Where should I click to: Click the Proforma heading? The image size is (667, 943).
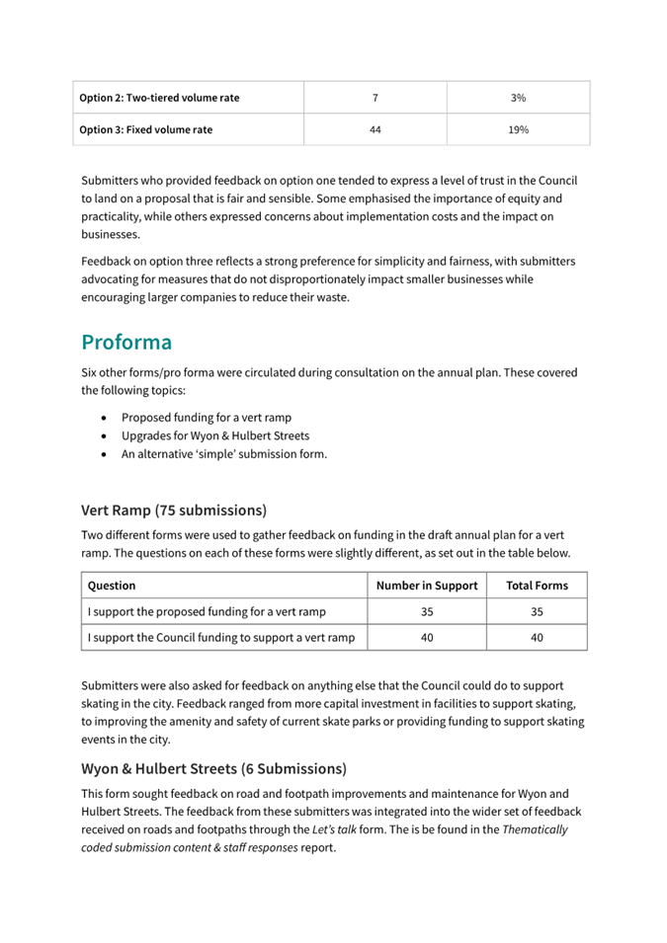tap(126, 343)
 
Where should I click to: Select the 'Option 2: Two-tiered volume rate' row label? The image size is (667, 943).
tap(159, 98)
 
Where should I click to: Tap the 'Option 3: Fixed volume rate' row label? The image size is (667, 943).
tap(145, 129)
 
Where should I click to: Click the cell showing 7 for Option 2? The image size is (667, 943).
tap(375, 98)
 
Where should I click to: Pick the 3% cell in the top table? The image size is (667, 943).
tap(518, 98)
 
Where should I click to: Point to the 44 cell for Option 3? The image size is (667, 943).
tap(375, 129)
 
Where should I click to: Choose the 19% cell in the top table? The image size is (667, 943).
tap(518, 129)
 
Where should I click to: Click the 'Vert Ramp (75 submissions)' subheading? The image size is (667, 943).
tap(174, 511)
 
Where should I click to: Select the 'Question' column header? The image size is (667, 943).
tap(112, 586)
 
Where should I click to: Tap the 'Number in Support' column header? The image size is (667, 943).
tap(427, 586)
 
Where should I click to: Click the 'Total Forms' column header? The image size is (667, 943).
tap(537, 586)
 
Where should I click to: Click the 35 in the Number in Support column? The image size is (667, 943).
tap(427, 612)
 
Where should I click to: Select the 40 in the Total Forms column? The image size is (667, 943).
tap(537, 638)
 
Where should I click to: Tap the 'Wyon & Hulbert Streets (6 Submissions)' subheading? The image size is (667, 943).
tap(213, 768)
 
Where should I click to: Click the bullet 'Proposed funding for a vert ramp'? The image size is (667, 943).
tap(207, 417)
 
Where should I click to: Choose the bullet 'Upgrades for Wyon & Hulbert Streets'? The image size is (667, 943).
tap(215, 435)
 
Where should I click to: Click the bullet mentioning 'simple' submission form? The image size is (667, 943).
tap(224, 454)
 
